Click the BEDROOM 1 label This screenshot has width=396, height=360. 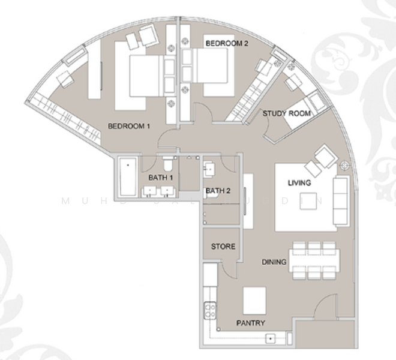tap(128, 127)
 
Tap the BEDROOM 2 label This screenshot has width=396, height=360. tap(227, 44)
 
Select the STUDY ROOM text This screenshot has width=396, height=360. tap(286, 113)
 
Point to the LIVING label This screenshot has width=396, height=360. tap(299, 183)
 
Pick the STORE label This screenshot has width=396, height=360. tap(223, 247)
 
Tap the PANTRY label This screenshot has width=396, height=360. tap(250, 323)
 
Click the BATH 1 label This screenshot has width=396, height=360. tap(160, 178)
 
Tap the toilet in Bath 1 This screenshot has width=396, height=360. tap(168, 163)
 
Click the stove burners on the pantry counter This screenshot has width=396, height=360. tap(211, 311)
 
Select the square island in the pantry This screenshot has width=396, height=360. tap(254, 298)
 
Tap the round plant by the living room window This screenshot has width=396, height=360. tap(346, 165)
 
